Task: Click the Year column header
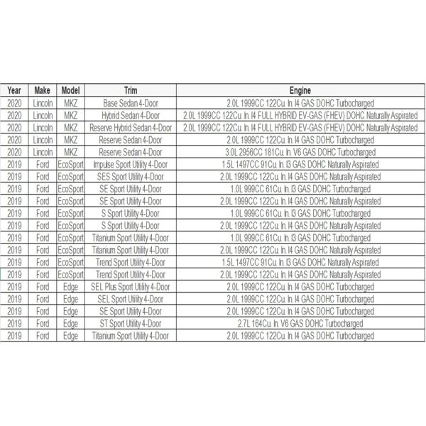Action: tap(14, 91)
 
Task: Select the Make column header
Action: tap(42, 91)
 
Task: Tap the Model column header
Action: tap(71, 91)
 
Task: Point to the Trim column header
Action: tap(131, 91)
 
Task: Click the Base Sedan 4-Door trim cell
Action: tap(131, 103)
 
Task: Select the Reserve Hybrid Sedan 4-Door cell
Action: tap(131, 127)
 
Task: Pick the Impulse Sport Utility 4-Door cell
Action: tap(131, 164)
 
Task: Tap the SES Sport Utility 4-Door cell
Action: tap(131, 176)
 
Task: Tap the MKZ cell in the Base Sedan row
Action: tap(71, 103)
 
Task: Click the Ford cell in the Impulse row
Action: tap(42, 164)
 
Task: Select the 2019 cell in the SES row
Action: tap(14, 176)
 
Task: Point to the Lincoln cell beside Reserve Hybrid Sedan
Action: tap(42, 127)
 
